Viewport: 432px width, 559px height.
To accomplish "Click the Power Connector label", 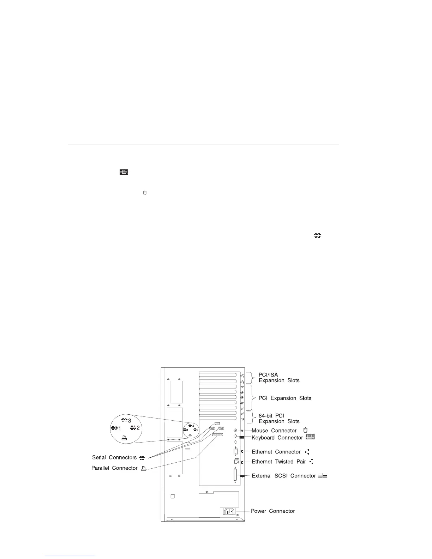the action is (x=272, y=511).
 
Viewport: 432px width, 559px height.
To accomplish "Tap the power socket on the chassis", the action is (x=228, y=511).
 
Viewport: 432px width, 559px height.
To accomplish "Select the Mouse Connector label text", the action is (x=274, y=431).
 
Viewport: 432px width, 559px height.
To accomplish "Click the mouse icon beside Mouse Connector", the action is (x=306, y=430).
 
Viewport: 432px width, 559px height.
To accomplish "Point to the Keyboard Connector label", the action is (x=277, y=438).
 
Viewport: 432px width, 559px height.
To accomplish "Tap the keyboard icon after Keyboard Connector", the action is (x=310, y=437).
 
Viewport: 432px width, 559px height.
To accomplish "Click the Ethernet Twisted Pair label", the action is (x=278, y=462).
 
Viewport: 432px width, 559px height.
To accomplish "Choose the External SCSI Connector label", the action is (x=283, y=476).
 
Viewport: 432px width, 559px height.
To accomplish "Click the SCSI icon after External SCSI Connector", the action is (x=323, y=476).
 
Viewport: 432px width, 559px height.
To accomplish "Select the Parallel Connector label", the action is (x=114, y=468).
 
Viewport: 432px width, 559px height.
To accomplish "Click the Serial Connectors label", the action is (x=114, y=457).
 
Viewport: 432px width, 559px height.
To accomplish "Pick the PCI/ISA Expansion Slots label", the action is (x=279, y=378).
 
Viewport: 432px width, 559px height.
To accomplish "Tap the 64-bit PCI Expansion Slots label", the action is (x=279, y=419).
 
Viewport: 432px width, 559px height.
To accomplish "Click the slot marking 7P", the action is (x=242, y=387).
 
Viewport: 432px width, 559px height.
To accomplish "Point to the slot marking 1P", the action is (x=242, y=419).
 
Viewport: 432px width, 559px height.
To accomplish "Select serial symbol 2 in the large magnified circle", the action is (x=135, y=428).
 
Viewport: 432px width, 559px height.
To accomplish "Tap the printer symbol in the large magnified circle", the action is (x=124, y=438).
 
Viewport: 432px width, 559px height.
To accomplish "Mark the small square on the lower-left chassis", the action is (x=173, y=496).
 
